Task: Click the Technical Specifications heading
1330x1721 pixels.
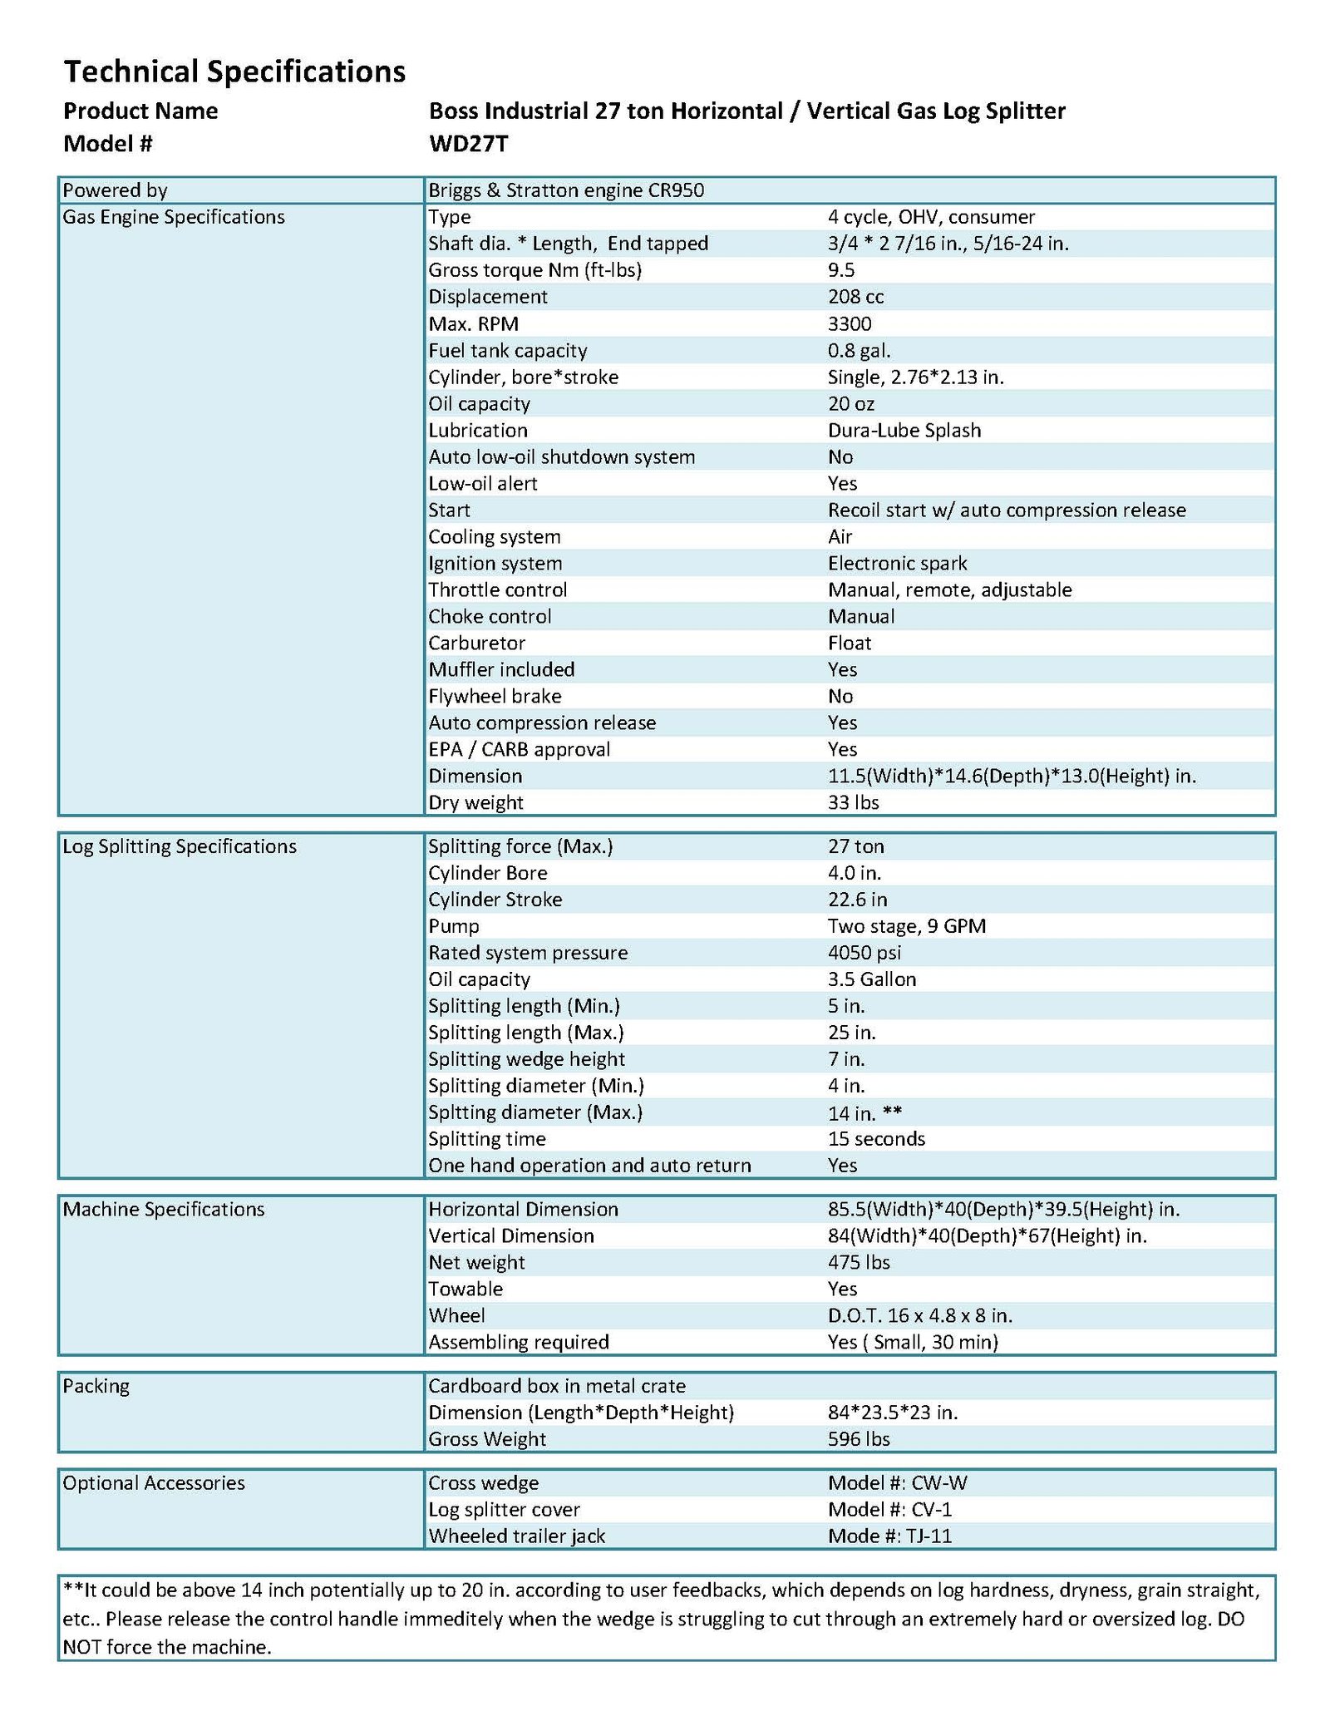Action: coord(234,72)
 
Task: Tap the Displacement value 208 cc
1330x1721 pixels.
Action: coord(855,297)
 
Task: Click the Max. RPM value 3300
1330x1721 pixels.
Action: coord(850,323)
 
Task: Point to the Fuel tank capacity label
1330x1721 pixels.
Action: coord(507,350)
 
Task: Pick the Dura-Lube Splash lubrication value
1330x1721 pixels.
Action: coord(904,430)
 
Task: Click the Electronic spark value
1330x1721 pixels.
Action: coord(897,563)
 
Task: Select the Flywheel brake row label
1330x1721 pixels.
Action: coord(495,696)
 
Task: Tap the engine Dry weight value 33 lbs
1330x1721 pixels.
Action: coord(853,802)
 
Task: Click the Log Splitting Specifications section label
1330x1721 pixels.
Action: coord(180,846)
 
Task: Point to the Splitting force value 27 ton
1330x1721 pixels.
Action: coord(855,846)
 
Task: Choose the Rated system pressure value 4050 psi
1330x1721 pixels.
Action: coord(864,952)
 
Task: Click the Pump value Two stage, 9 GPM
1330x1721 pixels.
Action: coord(906,925)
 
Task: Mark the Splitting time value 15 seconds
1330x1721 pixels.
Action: coord(876,1138)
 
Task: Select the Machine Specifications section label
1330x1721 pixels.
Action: coord(164,1209)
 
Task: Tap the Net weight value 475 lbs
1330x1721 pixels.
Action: coord(859,1262)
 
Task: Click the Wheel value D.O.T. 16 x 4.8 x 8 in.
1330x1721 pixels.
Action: coord(919,1315)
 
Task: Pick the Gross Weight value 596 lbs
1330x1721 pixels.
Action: coord(859,1438)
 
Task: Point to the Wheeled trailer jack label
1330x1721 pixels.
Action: coord(516,1536)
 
